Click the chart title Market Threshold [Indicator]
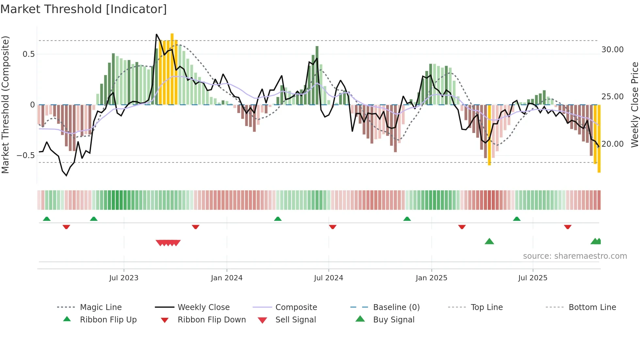84,9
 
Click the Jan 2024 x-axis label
227,278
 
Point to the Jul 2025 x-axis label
533,278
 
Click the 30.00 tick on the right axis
612,50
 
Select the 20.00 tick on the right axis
612,144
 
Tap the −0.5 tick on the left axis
25,155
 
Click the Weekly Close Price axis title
634,105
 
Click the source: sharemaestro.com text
575,256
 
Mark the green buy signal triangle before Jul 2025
489,242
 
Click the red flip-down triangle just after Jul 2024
333,227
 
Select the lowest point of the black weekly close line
66,176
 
